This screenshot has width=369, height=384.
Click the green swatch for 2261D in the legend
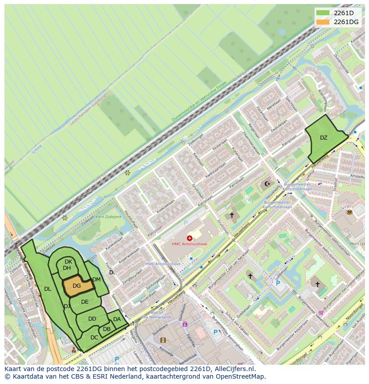click(x=323, y=12)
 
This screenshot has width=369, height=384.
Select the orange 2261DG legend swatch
click(x=323, y=21)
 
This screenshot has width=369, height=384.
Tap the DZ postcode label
click(x=324, y=138)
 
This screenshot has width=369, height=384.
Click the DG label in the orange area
click(x=77, y=286)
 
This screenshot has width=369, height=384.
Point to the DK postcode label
click(x=68, y=262)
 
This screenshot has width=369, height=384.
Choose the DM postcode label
click(x=97, y=280)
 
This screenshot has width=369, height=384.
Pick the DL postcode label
click(x=48, y=289)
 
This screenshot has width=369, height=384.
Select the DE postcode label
click(x=85, y=302)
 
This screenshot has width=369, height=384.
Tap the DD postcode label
click(x=92, y=319)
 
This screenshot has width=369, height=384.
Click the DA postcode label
click(x=117, y=319)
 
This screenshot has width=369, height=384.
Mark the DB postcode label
click(x=107, y=329)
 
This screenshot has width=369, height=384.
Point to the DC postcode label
click(x=94, y=338)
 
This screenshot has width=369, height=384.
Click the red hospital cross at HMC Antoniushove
click(x=190, y=238)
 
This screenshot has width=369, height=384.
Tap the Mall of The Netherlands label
click(x=156, y=315)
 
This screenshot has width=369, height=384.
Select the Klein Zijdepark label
click(x=109, y=217)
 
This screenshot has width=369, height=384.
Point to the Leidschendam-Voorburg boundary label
click(x=89, y=109)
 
